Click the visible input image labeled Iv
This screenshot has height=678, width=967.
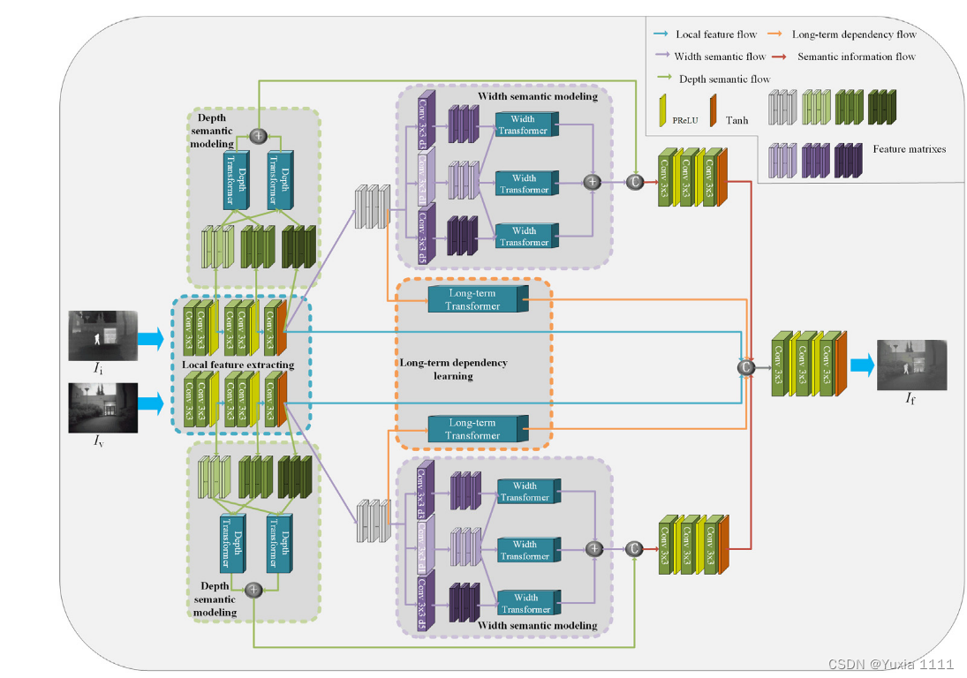[102, 407]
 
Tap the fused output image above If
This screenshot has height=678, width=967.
[910, 364]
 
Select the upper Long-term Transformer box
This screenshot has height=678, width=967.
[473, 299]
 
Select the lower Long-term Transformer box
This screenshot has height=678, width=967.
[473, 428]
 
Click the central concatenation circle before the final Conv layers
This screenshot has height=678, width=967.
[746, 366]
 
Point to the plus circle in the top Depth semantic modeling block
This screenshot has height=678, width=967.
[258, 135]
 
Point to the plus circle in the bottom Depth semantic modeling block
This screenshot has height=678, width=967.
[253, 589]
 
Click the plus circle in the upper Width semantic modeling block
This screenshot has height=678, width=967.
[593, 181]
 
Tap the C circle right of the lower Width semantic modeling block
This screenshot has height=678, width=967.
[633, 548]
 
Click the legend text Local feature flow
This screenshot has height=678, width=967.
[715, 34]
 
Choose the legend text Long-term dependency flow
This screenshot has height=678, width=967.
[854, 34]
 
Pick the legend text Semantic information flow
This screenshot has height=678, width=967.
[856, 56]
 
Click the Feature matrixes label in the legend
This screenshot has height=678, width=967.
[909, 149]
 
